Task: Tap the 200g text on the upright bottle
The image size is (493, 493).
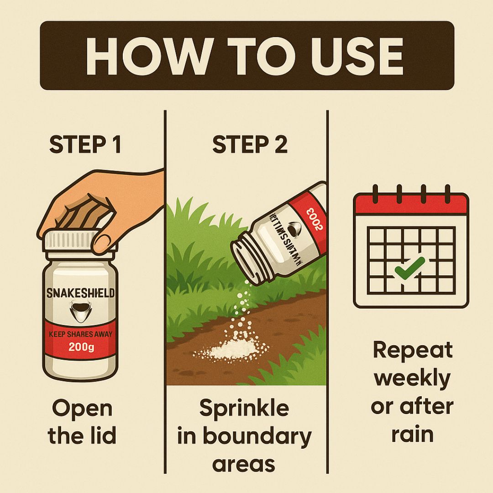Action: [81, 348]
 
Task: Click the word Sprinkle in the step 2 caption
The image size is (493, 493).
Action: [244, 408]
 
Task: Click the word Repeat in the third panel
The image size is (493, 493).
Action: [412, 351]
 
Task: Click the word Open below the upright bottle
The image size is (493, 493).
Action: [82, 409]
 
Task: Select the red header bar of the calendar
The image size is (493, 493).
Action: [411, 204]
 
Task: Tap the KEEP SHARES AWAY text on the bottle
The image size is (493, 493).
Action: [81, 334]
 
